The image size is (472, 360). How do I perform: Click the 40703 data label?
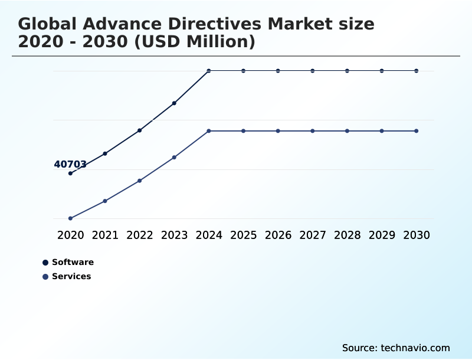[70, 165]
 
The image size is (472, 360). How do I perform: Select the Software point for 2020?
[70, 174]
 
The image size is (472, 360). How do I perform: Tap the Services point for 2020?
[70, 218]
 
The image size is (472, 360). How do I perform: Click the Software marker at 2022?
[140, 130]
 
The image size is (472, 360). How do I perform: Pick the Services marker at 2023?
[175, 158]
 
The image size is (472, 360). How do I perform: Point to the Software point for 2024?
[209, 71]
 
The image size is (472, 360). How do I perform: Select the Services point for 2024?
[209, 131]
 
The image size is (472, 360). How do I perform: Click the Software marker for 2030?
[417, 71]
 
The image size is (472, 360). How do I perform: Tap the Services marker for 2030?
[417, 131]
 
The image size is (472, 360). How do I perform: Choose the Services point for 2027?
[313, 131]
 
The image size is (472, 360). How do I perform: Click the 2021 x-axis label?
[105, 235]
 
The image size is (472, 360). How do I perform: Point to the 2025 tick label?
[244, 235]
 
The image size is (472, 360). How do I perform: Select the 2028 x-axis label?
[348, 235]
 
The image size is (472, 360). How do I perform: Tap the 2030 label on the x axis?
[417, 235]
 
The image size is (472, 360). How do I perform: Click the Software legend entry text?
[73, 263]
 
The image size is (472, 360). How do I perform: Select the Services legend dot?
[45, 277]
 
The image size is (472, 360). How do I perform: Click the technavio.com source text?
[415, 348]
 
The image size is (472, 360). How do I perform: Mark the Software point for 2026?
[278, 71]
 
